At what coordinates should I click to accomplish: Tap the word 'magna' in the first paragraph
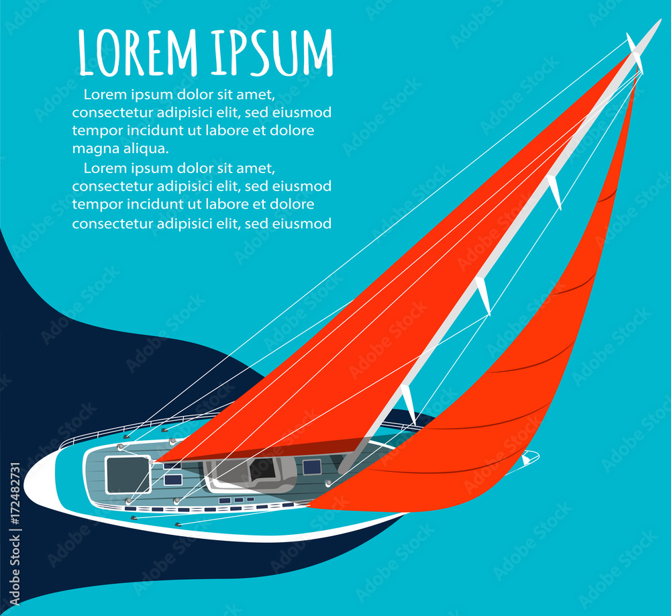pos(93,148)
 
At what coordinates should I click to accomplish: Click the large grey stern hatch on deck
pos(127,474)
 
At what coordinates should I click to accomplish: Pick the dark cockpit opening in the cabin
pos(262,469)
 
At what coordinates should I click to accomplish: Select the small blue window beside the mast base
pos(311,467)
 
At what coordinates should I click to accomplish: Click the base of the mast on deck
pos(346,466)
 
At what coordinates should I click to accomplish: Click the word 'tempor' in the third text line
pos(93,130)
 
